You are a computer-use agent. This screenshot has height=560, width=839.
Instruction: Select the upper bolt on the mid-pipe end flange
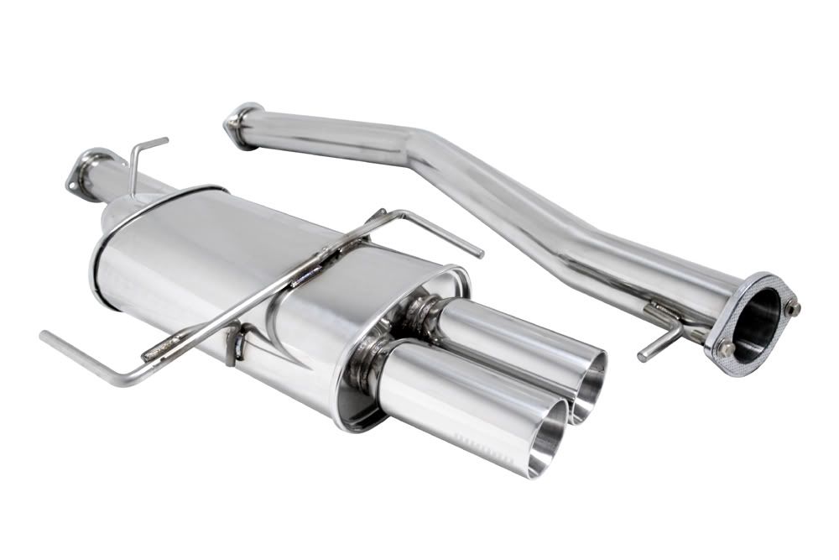point(792,308)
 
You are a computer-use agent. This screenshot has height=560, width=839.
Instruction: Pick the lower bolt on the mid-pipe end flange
point(722,348)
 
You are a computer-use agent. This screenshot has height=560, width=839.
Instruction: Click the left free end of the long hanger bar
point(44,337)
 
